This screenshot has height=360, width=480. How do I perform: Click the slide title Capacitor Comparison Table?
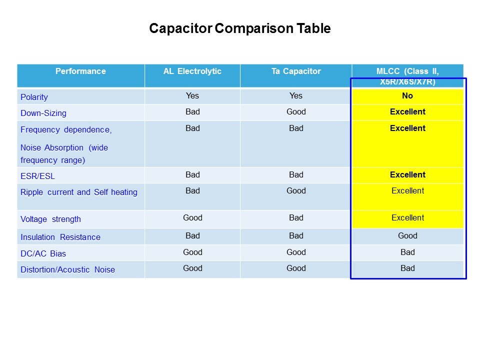(x=239, y=28)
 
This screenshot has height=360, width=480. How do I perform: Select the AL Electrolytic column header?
(x=192, y=71)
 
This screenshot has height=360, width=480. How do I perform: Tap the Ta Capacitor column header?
(x=296, y=71)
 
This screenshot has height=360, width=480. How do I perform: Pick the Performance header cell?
(x=80, y=71)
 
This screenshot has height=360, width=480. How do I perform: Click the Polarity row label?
(x=34, y=97)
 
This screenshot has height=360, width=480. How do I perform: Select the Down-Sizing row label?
(x=43, y=113)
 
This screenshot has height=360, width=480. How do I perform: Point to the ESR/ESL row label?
(x=38, y=176)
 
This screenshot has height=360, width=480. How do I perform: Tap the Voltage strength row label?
(x=50, y=219)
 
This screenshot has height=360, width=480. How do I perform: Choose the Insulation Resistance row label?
(x=60, y=237)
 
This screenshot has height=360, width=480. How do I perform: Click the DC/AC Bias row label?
(x=43, y=253)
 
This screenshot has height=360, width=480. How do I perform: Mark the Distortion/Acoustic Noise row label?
(x=67, y=270)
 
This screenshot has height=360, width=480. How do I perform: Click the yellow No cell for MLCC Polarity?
(x=407, y=96)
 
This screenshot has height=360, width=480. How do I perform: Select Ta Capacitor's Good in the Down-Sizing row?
(x=296, y=112)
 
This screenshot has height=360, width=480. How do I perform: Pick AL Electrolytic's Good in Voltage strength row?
(x=192, y=218)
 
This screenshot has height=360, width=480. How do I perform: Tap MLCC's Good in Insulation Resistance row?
(x=407, y=236)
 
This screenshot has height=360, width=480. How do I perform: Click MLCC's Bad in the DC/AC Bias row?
(x=407, y=252)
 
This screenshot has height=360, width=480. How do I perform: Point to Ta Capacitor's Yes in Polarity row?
(x=296, y=96)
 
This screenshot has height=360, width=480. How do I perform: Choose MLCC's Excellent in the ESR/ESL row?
(x=407, y=175)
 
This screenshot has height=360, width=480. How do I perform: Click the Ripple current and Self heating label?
(x=79, y=192)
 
